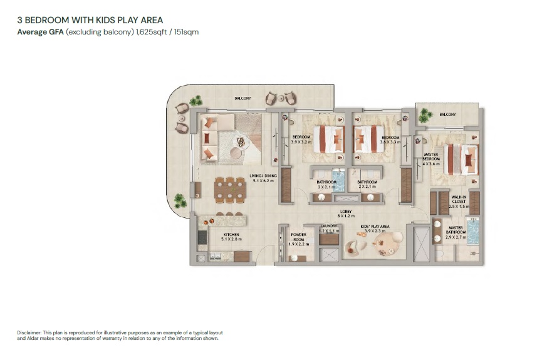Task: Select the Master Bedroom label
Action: tap(431, 157)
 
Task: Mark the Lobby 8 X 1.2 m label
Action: tap(345, 213)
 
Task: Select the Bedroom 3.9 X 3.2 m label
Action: tap(301, 139)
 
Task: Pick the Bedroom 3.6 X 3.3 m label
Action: tap(390, 139)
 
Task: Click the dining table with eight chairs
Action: tap(229, 190)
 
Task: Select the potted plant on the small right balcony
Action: tap(426, 115)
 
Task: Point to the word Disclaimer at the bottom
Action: tap(29, 332)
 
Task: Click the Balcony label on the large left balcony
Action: tap(243, 98)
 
